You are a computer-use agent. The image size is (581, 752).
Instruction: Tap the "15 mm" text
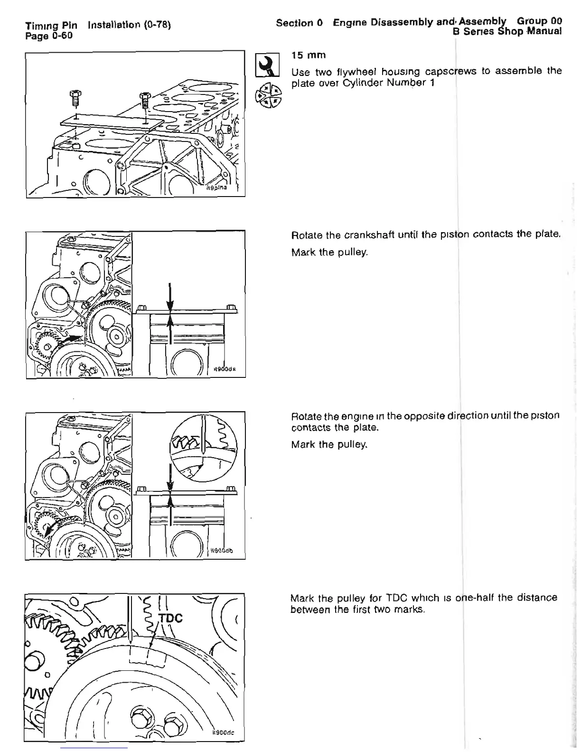pyautogui.click(x=309, y=56)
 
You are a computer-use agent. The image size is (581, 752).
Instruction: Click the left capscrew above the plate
pyautogui.click(x=74, y=99)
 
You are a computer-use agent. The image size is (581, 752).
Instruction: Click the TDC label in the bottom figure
pyautogui.click(x=170, y=618)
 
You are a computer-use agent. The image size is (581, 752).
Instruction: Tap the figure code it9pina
pyautogui.click(x=216, y=188)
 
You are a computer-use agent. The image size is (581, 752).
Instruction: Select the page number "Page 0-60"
pyautogui.click(x=49, y=35)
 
